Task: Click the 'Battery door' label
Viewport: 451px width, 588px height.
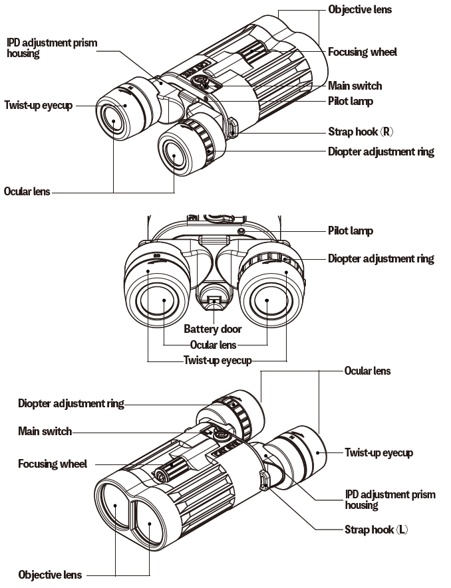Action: point(213,329)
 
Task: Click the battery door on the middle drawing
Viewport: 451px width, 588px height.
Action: point(213,303)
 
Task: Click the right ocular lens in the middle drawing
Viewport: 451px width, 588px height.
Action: point(267,300)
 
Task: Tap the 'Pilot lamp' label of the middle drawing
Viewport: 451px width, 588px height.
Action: point(350,231)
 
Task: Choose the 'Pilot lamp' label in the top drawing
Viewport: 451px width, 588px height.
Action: point(350,101)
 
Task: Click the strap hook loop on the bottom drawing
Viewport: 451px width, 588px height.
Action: point(265,480)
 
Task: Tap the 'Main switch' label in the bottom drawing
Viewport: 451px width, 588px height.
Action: point(45,431)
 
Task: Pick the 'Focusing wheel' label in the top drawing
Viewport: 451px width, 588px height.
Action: point(362,51)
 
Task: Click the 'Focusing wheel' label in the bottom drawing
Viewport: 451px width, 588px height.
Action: point(52,464)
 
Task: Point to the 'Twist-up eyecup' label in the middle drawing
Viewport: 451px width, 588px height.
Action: point(218,361)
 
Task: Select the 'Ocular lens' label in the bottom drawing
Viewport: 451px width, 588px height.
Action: point(367,371)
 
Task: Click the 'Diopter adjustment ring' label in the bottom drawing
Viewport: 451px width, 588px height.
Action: point(71,403)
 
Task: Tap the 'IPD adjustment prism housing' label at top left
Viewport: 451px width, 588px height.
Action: point(52,48)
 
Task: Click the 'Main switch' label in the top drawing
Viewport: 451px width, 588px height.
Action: point(355,86)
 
